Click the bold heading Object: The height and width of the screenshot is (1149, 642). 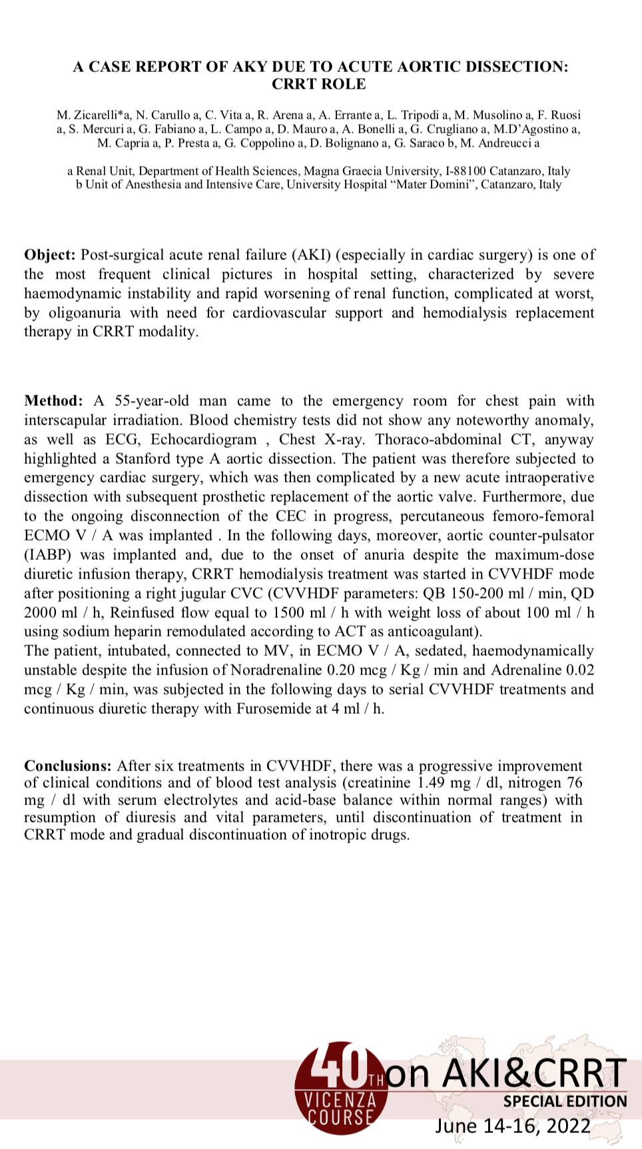[50, 255]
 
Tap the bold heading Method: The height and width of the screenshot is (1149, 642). [53, 401]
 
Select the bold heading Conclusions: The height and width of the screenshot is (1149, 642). [67, 766]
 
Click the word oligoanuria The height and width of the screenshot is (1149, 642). [85, 313]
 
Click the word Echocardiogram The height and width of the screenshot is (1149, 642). [203, 440]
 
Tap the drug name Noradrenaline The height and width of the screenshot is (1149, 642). [276, 670]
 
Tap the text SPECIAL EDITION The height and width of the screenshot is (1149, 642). [565, 1102]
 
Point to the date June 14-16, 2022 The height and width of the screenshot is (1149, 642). [513, 1126]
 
